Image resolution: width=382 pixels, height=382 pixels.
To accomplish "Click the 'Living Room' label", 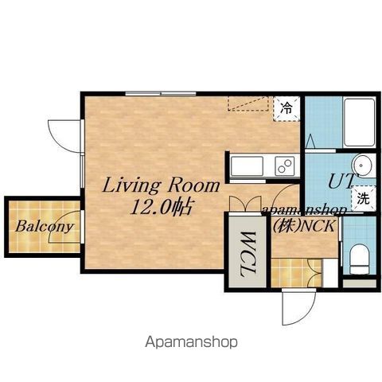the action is point(161,185).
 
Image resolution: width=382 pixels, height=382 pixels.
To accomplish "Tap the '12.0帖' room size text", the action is point(161,207).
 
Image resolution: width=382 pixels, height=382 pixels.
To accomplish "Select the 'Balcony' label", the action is point(44,227).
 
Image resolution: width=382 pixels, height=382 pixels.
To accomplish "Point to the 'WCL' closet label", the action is point(248,254).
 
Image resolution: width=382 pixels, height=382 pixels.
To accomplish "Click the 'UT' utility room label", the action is point(341,181).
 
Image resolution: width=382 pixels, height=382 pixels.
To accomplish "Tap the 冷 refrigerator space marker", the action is point(286,108).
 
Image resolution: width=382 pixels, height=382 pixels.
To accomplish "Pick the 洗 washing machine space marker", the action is point(363,198).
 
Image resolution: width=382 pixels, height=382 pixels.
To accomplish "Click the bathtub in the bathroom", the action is point(359,123).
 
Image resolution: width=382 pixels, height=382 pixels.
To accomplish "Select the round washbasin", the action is point(361,166).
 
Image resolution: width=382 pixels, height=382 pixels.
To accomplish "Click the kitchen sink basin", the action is point(247,166).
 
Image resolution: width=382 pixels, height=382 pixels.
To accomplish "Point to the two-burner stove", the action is point(285,166).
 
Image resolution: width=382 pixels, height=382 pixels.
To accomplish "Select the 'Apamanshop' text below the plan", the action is point(191,342).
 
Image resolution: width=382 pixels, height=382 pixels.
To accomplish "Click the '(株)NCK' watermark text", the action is point(304,226).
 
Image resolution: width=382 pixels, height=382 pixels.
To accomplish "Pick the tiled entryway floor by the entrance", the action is point(296,273).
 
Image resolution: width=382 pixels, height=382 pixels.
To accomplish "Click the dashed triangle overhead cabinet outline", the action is point(248,103).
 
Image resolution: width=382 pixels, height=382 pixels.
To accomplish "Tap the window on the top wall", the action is point(161,93).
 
